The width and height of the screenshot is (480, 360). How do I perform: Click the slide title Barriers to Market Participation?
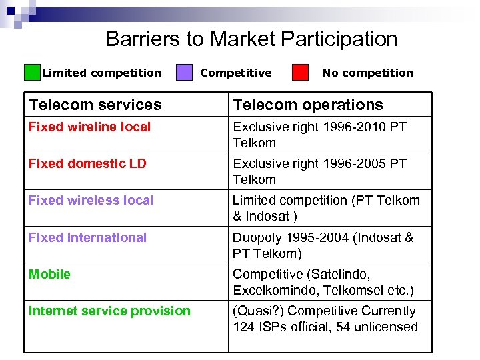click(x=251, y=39)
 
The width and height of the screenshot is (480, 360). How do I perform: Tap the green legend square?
click(x=32, y=72)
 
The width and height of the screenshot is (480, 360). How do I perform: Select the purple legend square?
click(x=184, y=72)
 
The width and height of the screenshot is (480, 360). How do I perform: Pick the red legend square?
click(x=301, y=72)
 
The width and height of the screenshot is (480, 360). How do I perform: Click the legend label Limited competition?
click(x=101, y=73)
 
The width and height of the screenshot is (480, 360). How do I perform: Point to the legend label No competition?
click(x=367, y=73)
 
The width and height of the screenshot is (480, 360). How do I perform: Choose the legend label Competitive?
click(x=236, y=73)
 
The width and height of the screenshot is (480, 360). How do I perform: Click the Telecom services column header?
click(x=95, y=105)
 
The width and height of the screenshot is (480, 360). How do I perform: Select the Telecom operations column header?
click(x=307, y=105)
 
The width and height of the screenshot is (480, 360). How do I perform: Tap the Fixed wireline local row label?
click(x=89, y=127)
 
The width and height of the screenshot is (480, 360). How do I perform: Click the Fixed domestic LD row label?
click(x=87, y=163)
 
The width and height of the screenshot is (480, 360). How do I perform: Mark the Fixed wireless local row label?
click(x=91, y=200)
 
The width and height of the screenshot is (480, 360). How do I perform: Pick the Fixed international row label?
click(x=87, y=237)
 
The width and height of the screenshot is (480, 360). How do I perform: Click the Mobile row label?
click(x=49, y=274)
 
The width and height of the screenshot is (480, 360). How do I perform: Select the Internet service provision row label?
click(x=109, y=311)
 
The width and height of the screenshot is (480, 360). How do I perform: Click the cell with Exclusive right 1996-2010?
click(x=319, y=135)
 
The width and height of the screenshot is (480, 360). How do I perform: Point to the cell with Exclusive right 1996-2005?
click(x=319, y=171)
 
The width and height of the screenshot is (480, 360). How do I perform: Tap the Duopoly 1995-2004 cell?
click(x=323, y=245)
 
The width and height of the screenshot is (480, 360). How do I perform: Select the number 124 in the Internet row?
click(x=243, y=327)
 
